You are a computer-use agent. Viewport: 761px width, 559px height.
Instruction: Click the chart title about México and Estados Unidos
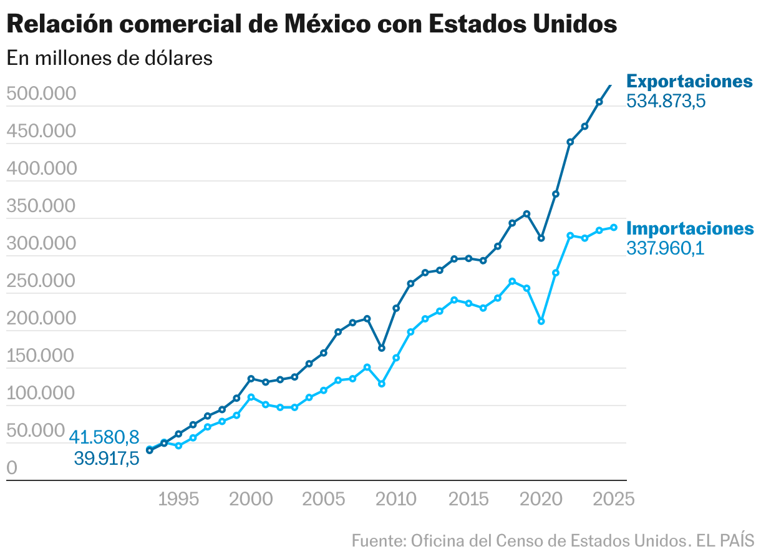pos(312,24)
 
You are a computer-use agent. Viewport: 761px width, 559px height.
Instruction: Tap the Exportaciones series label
pos(689,81)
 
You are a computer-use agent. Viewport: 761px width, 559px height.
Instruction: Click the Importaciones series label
pos(689,228)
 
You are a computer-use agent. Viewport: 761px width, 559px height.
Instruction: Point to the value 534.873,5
pos(666,101)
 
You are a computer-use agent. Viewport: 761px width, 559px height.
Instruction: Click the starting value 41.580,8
pos(104,437)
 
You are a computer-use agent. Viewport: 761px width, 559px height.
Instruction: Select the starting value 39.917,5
pos(106,459)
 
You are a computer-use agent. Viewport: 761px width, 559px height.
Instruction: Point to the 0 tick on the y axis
pos(12,468)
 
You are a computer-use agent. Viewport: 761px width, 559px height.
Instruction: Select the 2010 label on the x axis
pos(396,499)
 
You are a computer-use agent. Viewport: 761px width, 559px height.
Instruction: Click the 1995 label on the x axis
pos(178,499)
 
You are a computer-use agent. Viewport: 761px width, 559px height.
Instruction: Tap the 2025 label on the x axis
pos(614,499)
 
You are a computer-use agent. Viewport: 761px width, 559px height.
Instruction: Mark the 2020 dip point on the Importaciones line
pos(541,321)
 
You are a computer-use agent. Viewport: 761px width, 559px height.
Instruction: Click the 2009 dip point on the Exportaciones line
pos(382,348)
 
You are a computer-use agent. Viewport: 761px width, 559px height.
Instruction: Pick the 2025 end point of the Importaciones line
pos(614,228)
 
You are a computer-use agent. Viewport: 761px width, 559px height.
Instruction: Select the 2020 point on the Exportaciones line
pos(541,238)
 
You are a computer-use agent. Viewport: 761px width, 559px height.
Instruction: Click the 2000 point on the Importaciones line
pos(251,397)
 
